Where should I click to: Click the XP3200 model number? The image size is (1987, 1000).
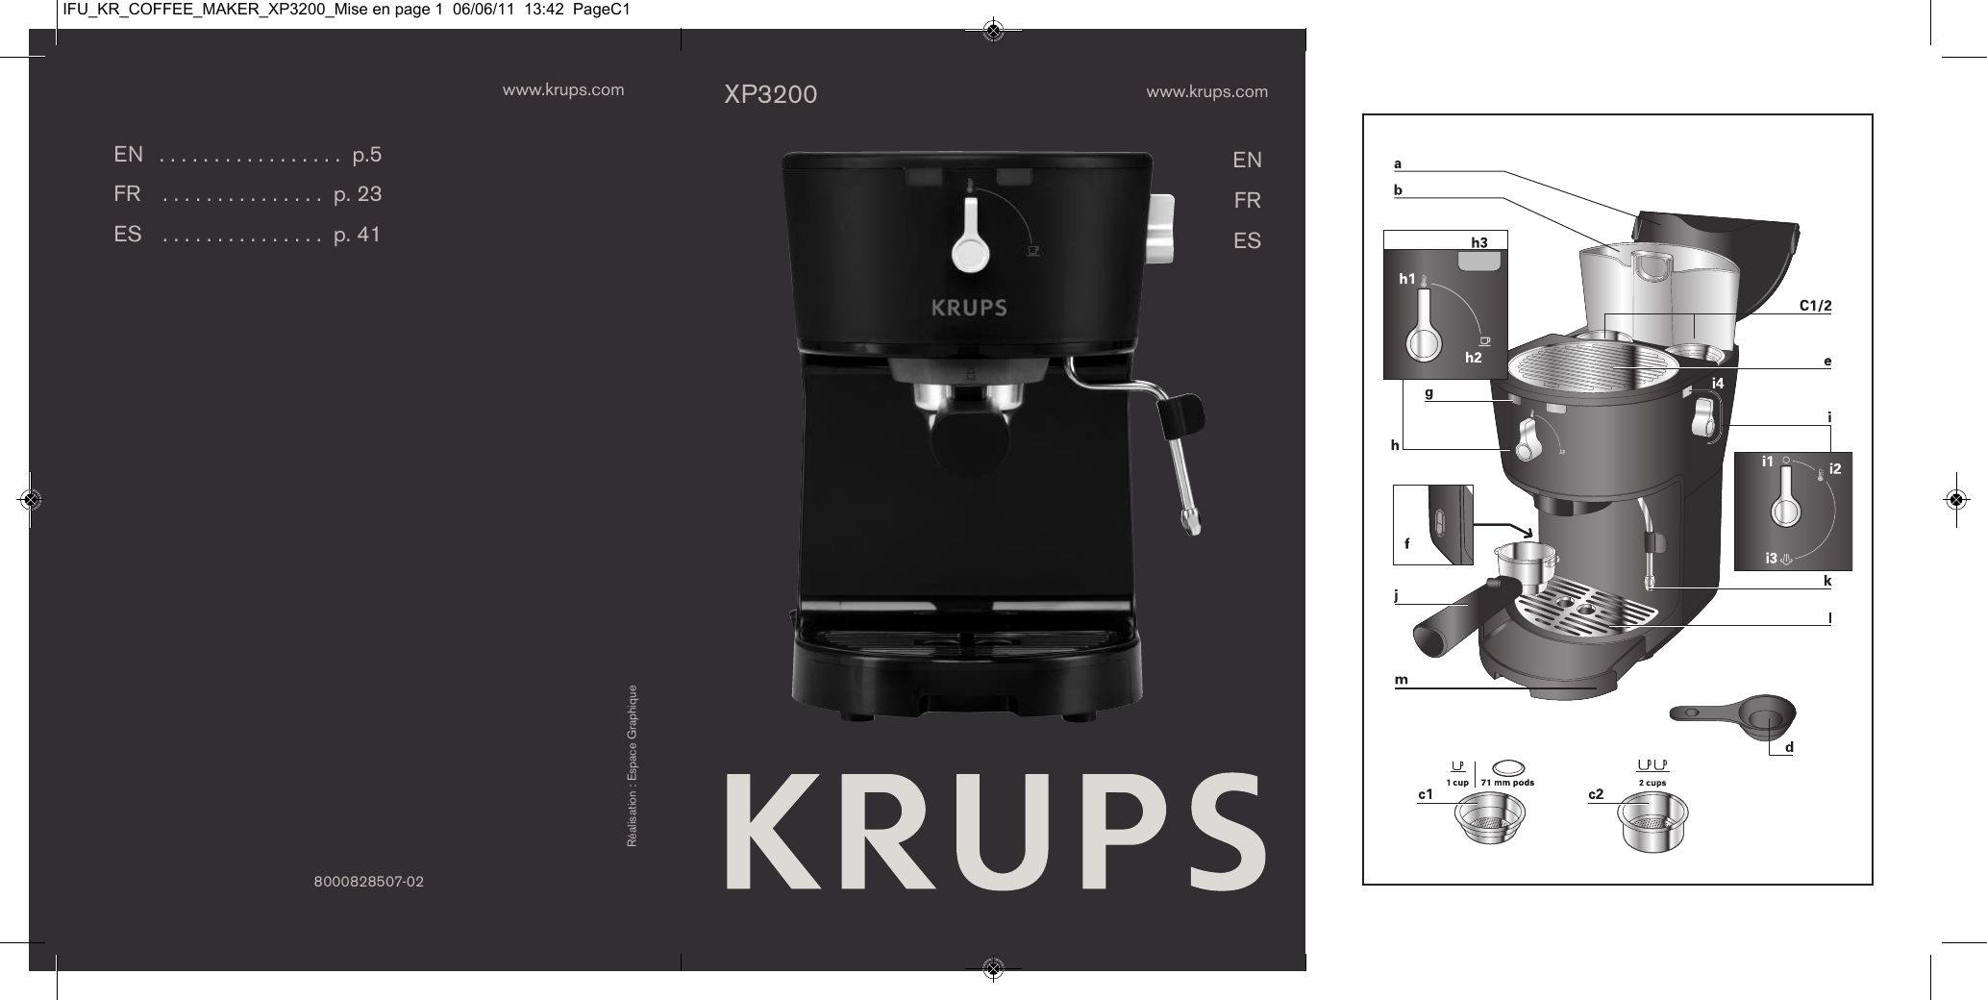770,94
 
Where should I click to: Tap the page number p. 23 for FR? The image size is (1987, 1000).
358,194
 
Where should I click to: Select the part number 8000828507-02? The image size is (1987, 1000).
369,881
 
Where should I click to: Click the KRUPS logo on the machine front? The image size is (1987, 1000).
968,309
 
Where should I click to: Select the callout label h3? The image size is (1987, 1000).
1479,243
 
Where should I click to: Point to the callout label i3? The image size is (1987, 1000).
1771,558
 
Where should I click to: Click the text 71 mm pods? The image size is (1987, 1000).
1507,783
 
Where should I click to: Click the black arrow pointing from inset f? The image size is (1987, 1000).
1505,529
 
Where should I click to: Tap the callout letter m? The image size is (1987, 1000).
1402,680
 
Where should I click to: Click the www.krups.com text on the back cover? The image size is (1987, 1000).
563,90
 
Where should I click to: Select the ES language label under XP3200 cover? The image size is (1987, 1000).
1247,241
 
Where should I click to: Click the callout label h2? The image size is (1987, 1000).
1473,358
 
